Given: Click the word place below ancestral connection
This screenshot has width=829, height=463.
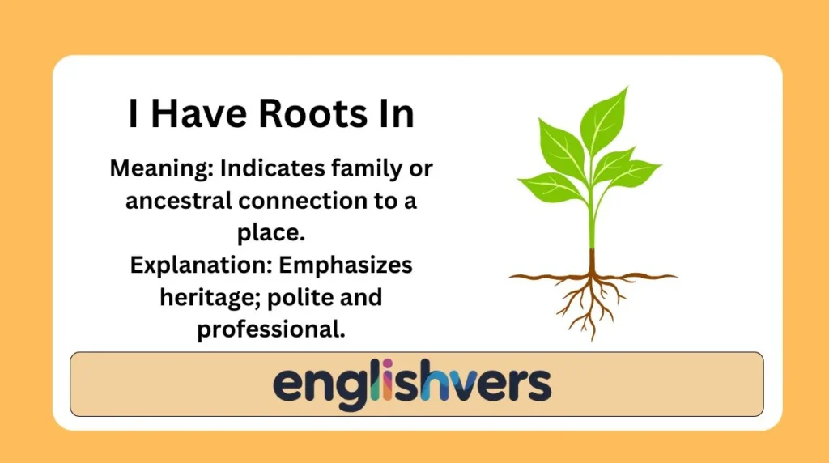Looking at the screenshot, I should [272, 233].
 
